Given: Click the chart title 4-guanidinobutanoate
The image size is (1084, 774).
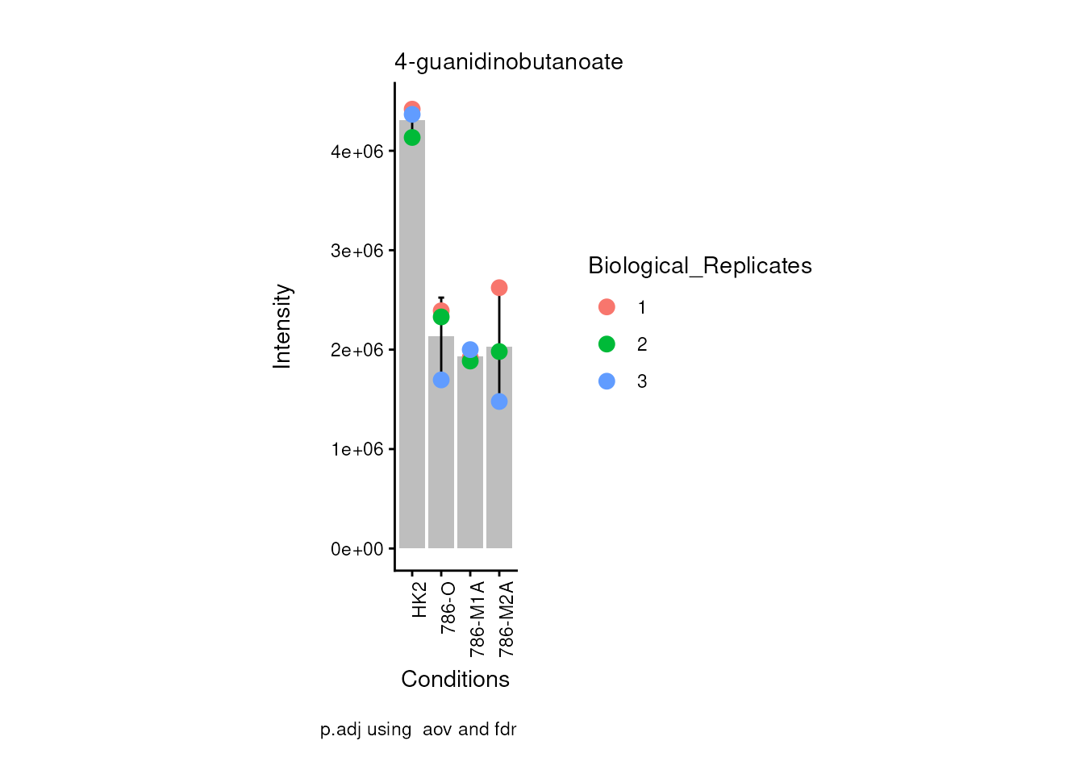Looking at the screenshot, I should point(508,62).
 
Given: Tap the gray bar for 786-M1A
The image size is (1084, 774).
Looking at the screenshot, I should point(470,460).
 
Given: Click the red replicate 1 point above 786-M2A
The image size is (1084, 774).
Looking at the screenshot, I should point(499,288).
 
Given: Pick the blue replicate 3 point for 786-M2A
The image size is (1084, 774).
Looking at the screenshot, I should point(499,402).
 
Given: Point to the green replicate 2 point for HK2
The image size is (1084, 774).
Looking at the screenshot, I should point(412,138).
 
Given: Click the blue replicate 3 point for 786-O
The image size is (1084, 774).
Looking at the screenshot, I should point(441,380).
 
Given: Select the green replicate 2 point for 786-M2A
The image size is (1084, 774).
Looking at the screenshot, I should point(499,352).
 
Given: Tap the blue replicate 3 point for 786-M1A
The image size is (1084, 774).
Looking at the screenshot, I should point(470,350).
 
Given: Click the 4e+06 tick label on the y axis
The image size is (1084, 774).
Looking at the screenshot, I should point(356,152).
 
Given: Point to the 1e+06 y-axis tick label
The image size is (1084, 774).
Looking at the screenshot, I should point(356,449).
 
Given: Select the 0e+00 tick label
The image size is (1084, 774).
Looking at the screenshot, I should point(356,549).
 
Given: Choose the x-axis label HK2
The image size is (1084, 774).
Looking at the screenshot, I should point(419,601).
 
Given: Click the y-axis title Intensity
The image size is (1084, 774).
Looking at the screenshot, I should point(282,326).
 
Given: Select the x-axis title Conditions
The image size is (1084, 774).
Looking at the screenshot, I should point(455,680).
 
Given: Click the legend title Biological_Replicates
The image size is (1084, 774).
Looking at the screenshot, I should point(699,266).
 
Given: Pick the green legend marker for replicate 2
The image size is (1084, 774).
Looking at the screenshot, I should point(607,344).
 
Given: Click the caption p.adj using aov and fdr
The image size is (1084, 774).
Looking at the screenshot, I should point(418,730).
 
